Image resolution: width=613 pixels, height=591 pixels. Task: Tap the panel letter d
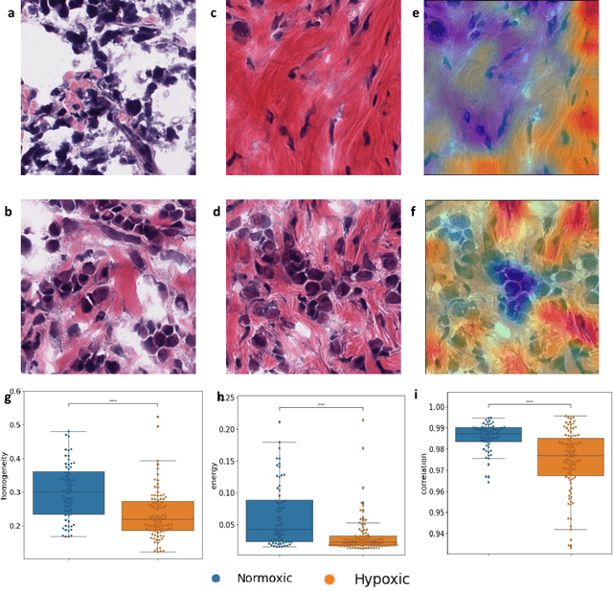point(214,210)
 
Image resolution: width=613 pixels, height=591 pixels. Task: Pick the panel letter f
point(416,210)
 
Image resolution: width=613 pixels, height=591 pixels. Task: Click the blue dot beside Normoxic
point(216,579)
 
